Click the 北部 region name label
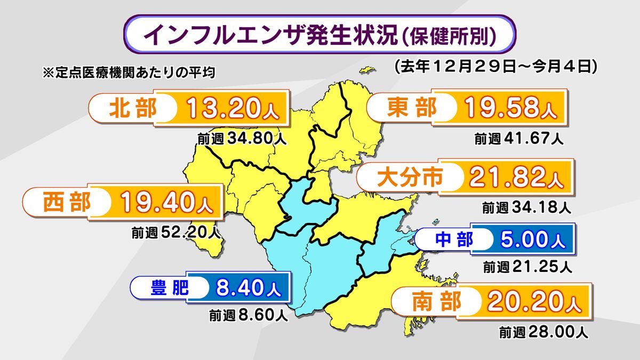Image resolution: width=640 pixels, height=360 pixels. [133, 108]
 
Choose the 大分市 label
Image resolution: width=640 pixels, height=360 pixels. [410, 177]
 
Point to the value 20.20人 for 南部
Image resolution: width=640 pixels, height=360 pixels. [533, 303]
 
